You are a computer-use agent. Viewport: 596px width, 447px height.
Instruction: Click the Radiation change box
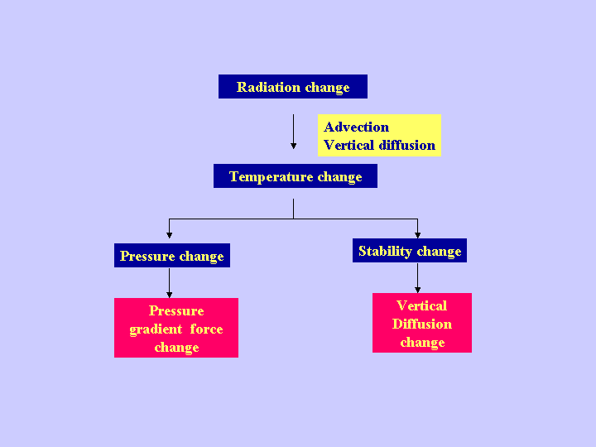click(x=293, y=87)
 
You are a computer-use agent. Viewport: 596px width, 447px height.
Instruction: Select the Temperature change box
click(x=296, y=176)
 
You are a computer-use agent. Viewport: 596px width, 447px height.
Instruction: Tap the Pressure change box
click(x=171, y=256)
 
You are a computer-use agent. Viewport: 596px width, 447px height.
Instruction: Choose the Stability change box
click(x=410, y=251)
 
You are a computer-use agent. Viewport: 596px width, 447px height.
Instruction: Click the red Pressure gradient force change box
click(x=176, y=329)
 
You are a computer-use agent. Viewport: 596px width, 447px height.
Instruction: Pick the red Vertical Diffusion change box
click(x=422, y=324)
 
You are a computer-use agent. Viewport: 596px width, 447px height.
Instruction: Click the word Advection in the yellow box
click(x=356, y=127)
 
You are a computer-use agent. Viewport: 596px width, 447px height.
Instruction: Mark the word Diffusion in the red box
click(x=422, y=324)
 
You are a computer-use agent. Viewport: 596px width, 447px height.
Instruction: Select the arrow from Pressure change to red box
click(x=170, y=282)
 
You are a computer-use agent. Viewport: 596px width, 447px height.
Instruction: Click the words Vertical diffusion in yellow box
click(x=379, y=145)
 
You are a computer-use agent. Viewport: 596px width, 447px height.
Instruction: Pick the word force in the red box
click(x=206, y=329)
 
